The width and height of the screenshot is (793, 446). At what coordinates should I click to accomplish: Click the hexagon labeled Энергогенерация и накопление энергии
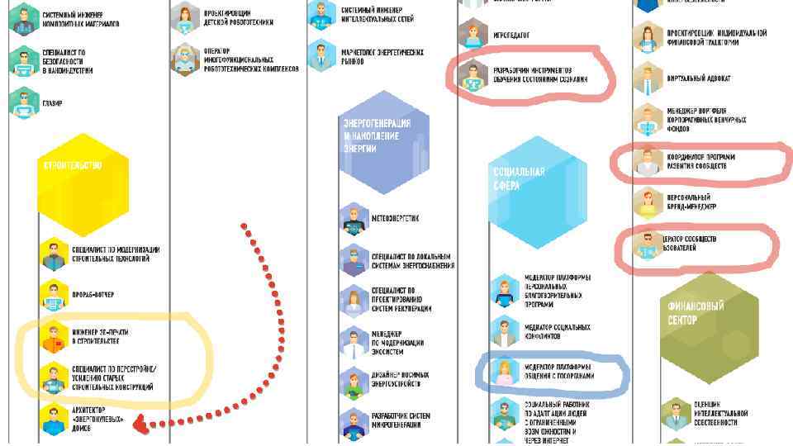[385, 142]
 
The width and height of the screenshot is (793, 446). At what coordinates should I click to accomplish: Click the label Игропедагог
[511, 36]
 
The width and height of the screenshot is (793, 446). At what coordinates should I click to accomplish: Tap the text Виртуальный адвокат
[698, 79]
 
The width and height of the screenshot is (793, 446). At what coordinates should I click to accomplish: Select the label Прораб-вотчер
[93, 295]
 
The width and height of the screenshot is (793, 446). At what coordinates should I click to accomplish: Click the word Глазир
[53, 104]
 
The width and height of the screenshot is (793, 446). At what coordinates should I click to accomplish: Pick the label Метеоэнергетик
[395, 219]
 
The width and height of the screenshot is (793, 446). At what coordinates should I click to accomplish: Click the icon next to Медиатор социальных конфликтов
[503, 331]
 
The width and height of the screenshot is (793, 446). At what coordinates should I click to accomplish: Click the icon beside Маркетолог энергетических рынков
[321, 56]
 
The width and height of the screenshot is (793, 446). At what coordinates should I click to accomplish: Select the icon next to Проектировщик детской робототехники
[185, 16]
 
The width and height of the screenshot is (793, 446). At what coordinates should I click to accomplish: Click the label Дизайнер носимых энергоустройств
[401, 379]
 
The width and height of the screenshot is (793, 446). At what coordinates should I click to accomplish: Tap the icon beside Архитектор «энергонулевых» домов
[54, 418]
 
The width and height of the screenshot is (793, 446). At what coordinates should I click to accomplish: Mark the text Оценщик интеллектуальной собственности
[715, 413]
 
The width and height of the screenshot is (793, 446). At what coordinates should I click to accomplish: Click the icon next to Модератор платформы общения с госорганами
[503, 372]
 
